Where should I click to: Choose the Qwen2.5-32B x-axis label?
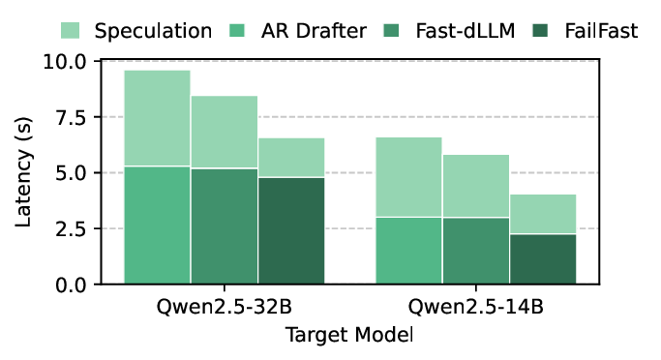click(224, 310)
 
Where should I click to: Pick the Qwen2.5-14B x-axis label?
click(475, 310)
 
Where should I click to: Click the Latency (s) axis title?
click(24, 173)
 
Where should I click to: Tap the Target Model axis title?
click(349, 335)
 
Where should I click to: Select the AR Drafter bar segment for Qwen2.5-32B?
click(157, 225)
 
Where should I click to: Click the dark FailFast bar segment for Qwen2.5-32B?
click(290, 230)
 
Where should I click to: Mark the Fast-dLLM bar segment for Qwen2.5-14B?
click(475, 251)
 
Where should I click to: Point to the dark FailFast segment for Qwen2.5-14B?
click(543, 259)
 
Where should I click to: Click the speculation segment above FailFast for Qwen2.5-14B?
click(543, 214)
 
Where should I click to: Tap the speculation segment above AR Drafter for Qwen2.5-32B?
click(157, 118)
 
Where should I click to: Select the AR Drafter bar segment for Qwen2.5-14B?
click(408, 251)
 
